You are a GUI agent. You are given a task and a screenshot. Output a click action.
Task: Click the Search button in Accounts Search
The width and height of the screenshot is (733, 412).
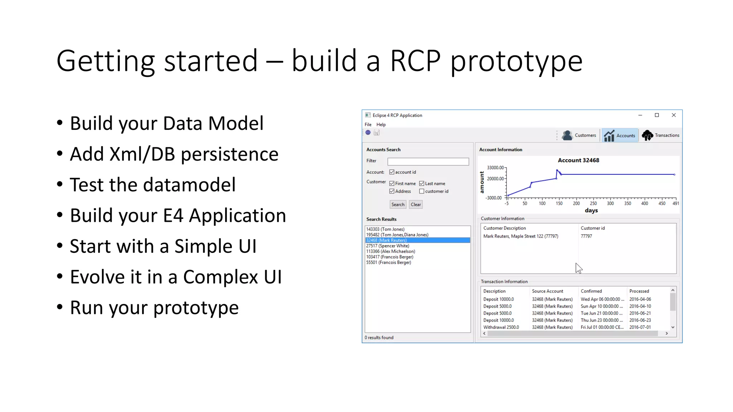pos(398,205)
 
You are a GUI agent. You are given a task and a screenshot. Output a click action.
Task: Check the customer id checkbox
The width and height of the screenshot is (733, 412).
pos(422,191)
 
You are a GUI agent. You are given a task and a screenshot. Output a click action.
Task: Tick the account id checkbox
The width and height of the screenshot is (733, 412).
pos(392,172)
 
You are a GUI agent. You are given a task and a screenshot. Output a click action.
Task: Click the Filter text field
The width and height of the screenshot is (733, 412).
pos(428,162)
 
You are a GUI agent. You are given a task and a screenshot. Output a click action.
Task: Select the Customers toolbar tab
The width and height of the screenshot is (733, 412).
pos(579,135)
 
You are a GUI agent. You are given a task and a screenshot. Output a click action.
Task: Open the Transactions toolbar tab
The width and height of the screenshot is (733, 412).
pos(660,135)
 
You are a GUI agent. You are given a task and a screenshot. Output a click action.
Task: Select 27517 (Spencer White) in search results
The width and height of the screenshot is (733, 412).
pos(388,246)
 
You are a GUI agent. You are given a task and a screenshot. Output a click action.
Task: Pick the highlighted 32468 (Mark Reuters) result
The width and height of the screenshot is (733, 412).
pos(387,240)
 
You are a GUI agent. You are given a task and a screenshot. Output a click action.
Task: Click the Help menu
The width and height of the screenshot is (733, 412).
pos(381,124)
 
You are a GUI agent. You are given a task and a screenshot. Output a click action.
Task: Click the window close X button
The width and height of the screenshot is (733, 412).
pos(674,115)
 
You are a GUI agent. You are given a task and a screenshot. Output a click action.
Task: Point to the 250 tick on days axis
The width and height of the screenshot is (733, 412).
pos(593,203)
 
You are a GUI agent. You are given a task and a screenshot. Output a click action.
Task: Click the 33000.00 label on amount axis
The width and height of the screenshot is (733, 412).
pos(495,167)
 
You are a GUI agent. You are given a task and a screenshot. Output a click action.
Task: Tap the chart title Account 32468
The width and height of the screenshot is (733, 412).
pos(578,160)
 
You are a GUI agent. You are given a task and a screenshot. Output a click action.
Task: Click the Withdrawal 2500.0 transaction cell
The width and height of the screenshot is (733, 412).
pos(501,327)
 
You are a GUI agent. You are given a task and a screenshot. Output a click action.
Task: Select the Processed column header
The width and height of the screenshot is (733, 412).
pos(639,291)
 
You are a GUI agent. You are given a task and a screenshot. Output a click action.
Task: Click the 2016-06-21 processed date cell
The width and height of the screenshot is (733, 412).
pos(640,313)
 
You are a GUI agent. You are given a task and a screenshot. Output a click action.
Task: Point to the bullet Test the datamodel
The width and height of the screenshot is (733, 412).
pos(152,185)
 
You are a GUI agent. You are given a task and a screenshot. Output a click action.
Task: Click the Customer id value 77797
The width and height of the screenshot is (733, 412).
pos(586,236)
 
